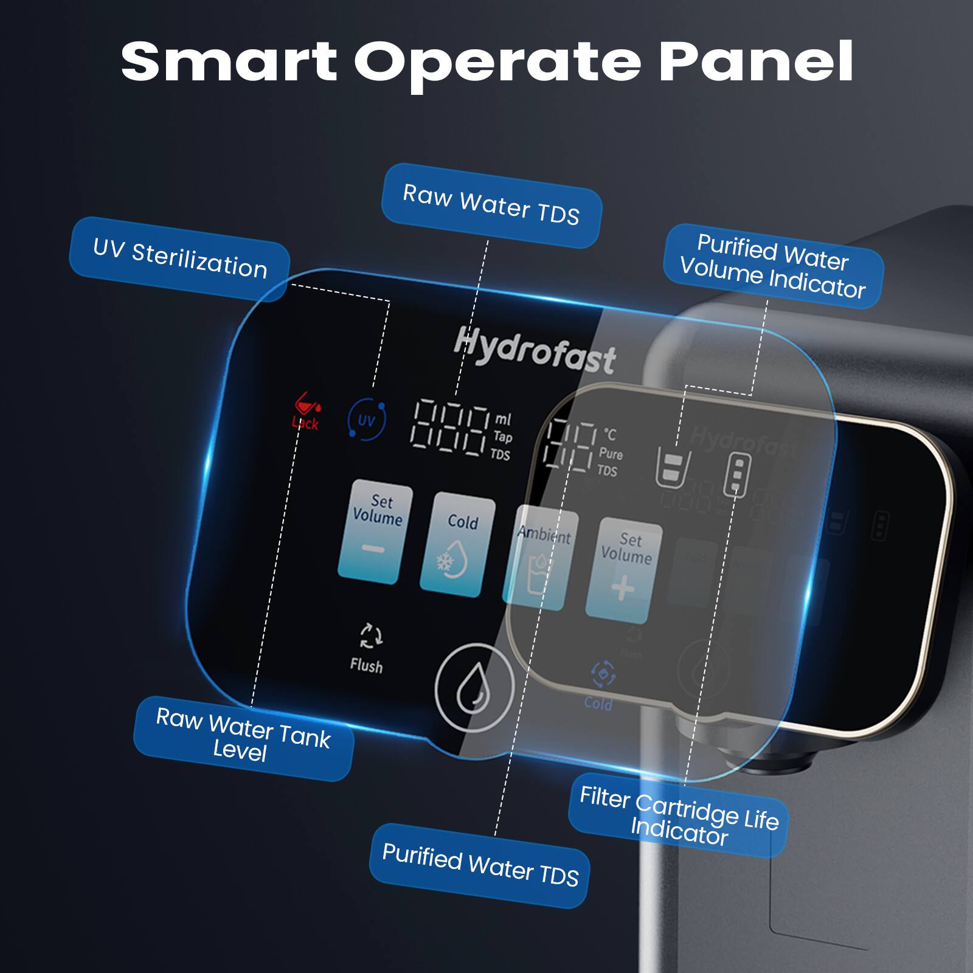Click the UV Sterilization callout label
pyautogui.click(x=179, y=259)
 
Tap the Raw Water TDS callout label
pyautogui.click(x=491, y=205)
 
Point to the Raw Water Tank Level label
pyautogui.click(x=243, y=736)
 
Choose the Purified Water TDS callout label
pyautogui.click(x=480, y=865)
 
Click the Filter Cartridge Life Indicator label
pyautogui.click(x=679, y=815)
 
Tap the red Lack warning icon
pyautogui.click(x=305, y=410)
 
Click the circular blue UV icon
pyautogui.click(x=366, y=420)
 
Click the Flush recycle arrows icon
pyautogui.click(x=370, y=636)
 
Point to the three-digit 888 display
pyautogui.click(x=450, y=427)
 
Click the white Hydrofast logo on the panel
pyautogui.click(x=535, y=350)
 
